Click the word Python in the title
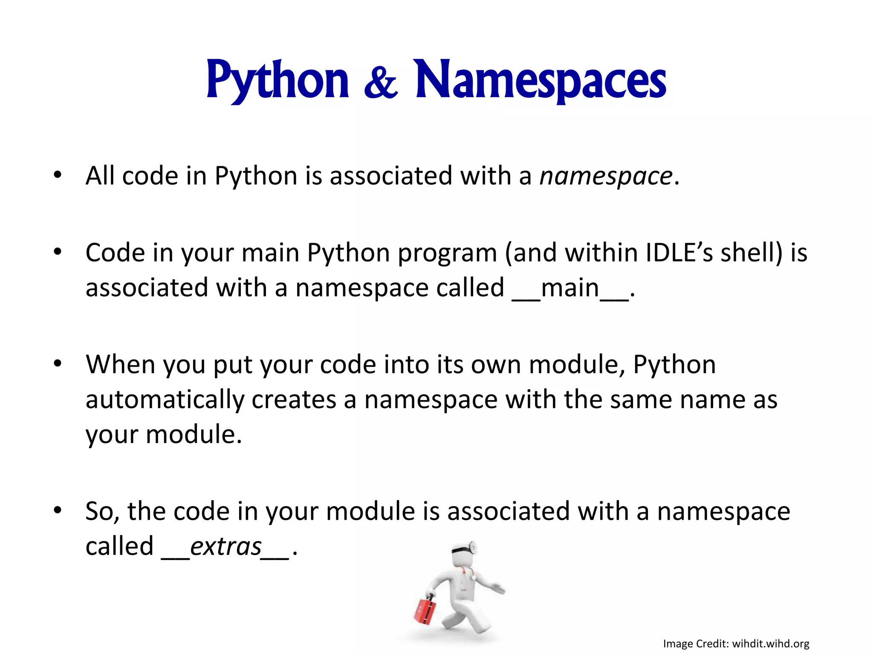(278, 80)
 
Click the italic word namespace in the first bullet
(606, 176)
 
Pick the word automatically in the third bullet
(165, 400)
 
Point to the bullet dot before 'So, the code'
(58, 510)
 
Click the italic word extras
(225, 547)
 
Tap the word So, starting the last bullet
(102, 512)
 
